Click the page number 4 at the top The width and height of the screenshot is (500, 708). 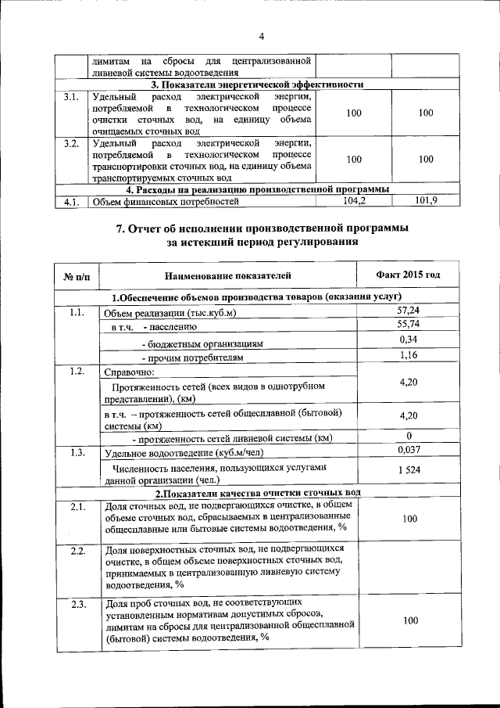[262, 36]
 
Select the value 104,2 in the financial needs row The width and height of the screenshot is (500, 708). [354, 201]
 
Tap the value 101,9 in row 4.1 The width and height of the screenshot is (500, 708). [426, 201]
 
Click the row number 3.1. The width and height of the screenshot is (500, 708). [71, 98]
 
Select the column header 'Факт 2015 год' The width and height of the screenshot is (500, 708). [407, 275]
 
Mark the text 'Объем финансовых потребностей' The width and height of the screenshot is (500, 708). [162, 203]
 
